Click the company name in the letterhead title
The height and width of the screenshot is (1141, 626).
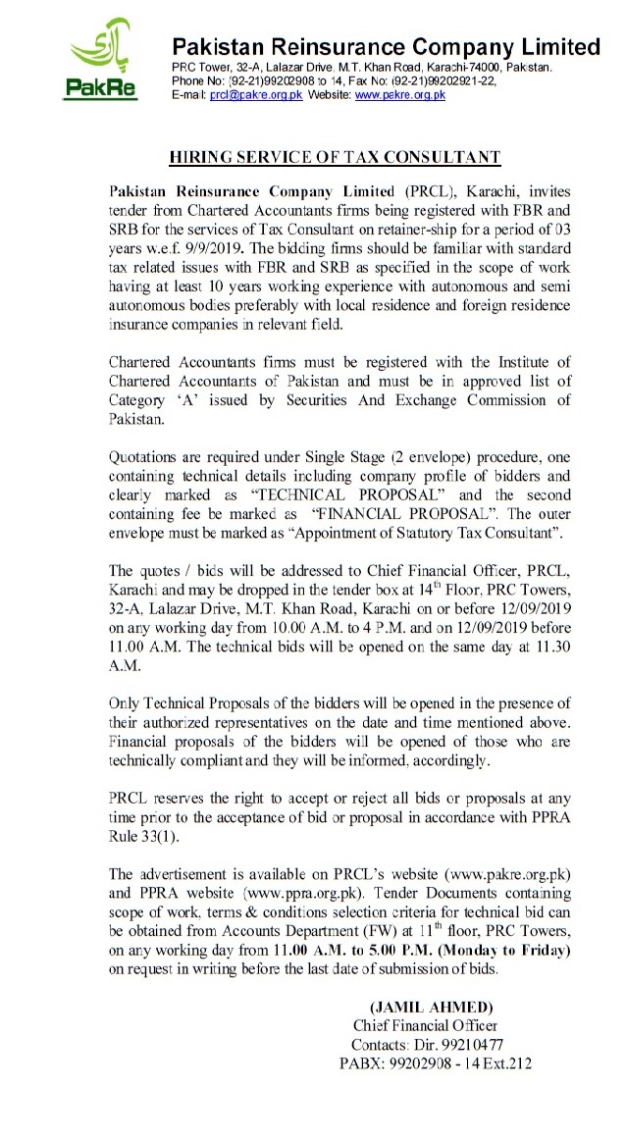pos(386,46)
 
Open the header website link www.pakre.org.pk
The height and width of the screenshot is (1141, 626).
pos(400,95)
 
